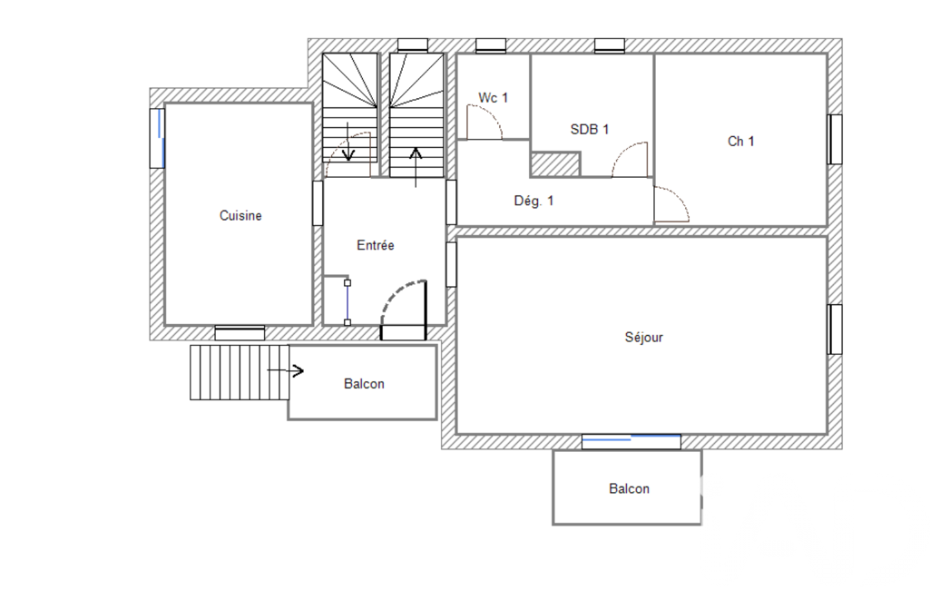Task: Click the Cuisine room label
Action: point(240,215)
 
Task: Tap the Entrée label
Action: point(376,245)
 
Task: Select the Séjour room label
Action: point(643,337)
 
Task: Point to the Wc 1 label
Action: point(493,97)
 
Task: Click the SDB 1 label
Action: point(590,130)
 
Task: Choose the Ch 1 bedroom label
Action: point(740,142)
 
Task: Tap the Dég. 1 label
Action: point(534,201)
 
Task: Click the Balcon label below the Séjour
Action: point(630,488)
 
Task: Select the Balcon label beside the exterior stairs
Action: point(364,384)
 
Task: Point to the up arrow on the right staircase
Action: point(416,167)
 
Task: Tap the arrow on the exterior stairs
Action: point(285,371)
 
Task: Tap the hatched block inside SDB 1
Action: point(555,164)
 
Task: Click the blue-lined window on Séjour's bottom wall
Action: point(631,441)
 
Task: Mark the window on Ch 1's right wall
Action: point(835,140)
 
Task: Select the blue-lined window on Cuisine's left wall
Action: point(157,138)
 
